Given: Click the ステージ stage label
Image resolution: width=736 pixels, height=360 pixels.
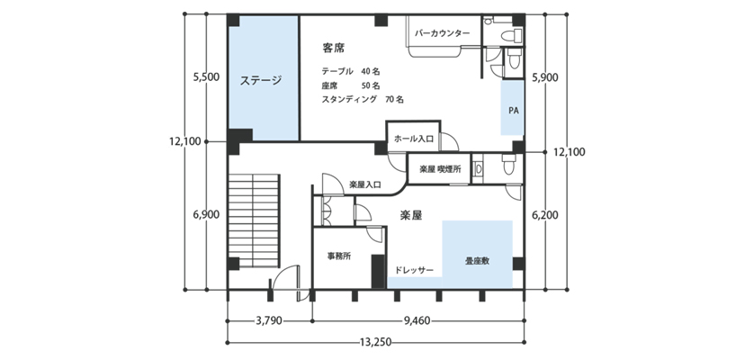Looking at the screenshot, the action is [261, 80].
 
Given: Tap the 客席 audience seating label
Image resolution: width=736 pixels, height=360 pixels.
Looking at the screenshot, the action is [334, 48].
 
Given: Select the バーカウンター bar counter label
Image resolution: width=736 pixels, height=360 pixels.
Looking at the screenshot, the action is [442, 33].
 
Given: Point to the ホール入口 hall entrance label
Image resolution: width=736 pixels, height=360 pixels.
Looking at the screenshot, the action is [413, 139].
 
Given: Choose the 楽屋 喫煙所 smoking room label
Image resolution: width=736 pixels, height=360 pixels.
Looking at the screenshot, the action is [438, 169].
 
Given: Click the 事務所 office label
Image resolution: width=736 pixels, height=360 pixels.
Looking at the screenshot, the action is [339, 256].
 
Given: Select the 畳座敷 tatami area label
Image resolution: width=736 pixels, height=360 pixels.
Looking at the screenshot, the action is [478, 261].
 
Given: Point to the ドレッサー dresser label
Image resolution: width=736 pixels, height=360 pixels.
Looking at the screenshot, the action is [414, 270].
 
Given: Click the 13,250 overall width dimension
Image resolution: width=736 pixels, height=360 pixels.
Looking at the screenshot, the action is [374, 342].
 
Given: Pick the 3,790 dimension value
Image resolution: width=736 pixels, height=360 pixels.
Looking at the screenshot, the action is [269, 321].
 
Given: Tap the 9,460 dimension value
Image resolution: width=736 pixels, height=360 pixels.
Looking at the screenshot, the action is [417, 321].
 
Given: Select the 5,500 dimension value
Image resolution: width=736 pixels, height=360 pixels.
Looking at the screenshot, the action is [206, 78].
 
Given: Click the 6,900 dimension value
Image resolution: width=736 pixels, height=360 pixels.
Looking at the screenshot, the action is [206, 214].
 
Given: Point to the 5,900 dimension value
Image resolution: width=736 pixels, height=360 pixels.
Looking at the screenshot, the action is [545, 78].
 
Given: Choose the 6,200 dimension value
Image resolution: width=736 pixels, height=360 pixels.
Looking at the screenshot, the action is [545, 215].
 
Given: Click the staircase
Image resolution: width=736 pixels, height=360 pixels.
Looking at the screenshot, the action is [254, 220].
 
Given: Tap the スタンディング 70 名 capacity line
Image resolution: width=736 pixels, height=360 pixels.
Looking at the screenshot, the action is [363, 100].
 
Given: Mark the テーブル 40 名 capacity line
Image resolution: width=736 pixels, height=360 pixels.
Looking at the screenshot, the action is [351, 71].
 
